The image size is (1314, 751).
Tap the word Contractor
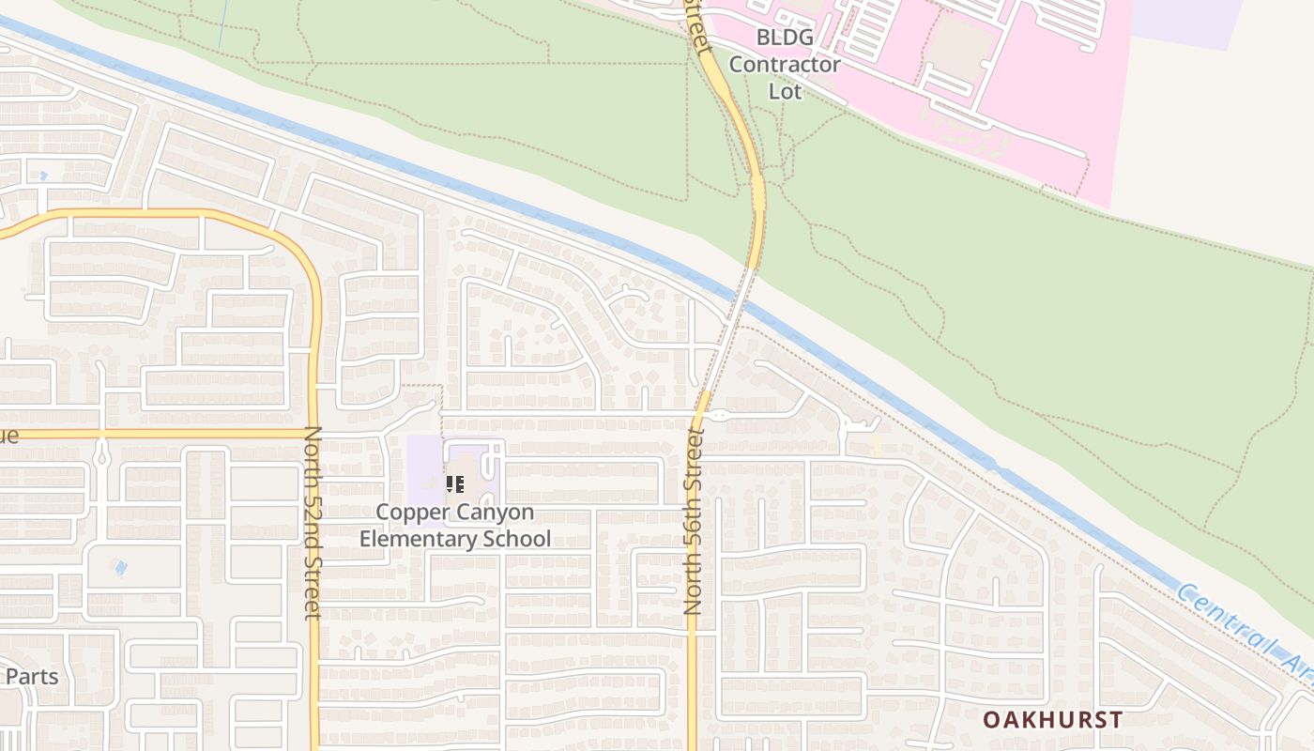pyautogui.click(x=785, y=65)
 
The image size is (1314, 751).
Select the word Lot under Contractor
pyautogui.click(x=785, y=91)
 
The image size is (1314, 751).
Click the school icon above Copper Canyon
pyautogui.click(x=455, y=484)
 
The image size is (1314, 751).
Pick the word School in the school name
pyautogui.click(x=515, y=539)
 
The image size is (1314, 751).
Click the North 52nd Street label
pyautogui.click(x=313, y=523)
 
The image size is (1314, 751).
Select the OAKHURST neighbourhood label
pyautogui.click(x=1052, y=720)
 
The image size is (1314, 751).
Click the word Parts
pyautogui.click(x=32, y=676)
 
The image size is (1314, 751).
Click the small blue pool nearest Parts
pyautogui.click(x=119, y=567)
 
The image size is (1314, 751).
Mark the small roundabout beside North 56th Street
pyautogui.click(x=718, y=414)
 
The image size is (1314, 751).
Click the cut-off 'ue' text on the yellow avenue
pyautogui.click(x=8, y=436)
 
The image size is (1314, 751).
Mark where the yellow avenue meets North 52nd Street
pyautogui.click(x=313, y=434)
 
